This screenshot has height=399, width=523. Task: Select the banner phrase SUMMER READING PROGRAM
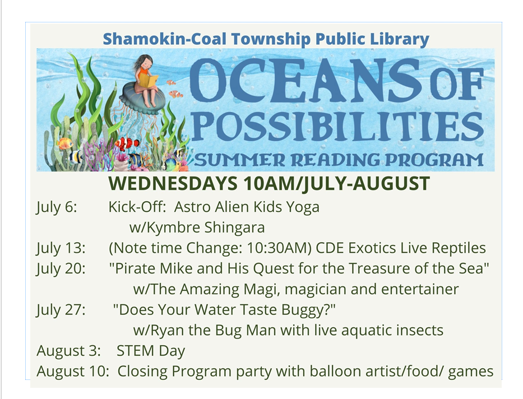click(x=339, y=161)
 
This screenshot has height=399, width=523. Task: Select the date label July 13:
click(x=61, y=248)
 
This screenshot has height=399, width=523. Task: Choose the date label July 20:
click(x=61, y=268)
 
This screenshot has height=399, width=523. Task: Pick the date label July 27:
click(x=61, y=309)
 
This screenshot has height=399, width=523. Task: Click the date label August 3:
click(x=68, y=351)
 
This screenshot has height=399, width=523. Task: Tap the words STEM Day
click(x=151, y=351)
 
